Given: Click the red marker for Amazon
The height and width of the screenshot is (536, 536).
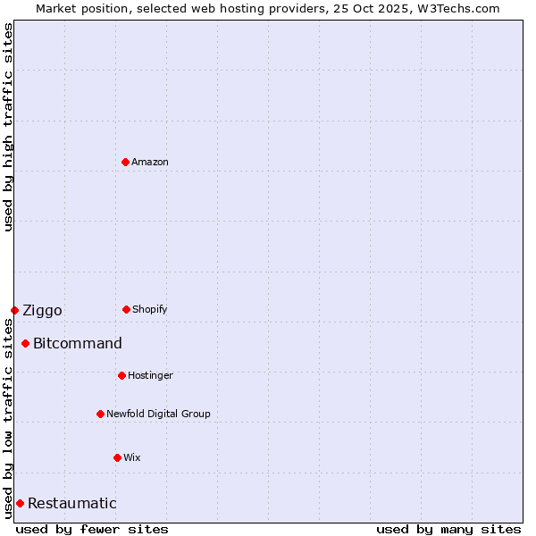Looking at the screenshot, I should click(x=126, y=162).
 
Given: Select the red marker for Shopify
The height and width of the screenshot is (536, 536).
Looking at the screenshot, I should click(x=126, y=309).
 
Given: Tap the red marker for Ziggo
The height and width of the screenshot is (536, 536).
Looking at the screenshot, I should click(x=14, y=310).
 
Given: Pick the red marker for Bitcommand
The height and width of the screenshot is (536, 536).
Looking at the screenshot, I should click(x=26, y=343).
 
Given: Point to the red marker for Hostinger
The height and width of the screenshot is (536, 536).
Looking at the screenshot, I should click(x=121, y=375).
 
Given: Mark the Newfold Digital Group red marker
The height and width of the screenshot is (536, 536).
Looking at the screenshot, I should click(x=100, y=414).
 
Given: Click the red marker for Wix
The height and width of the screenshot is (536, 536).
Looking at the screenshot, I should click(x=117, y=457).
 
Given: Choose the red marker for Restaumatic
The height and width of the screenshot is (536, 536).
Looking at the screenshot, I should click(x=20, y=503).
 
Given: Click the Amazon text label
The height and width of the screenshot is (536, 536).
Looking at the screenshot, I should click(x=150, y=162).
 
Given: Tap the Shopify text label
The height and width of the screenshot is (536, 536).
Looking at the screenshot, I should click(x=150, y=309).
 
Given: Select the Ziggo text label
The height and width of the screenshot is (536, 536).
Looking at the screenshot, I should click(x=42, y=310).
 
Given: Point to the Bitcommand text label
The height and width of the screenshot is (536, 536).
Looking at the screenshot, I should click(x=78, y=343).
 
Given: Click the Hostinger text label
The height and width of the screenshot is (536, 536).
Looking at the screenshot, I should click(x=150, y=375).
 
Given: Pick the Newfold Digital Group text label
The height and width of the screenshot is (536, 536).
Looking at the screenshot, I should click(x=158, y=414).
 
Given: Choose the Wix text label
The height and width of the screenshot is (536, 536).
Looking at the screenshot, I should click(x=132, y=457).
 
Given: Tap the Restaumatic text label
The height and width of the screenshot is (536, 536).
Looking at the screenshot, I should click(x=71, y=503).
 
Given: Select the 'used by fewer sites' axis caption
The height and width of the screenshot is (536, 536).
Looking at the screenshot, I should click(x=92, y=529).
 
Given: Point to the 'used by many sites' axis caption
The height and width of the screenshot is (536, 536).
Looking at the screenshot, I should click(x=448, y=529).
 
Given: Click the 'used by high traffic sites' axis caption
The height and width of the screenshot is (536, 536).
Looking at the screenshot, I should click(x=8, y=127).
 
